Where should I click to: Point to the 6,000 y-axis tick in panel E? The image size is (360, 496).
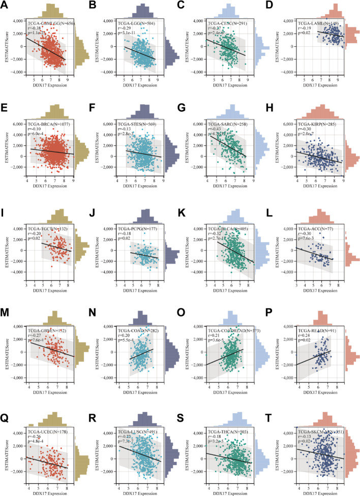[x=20, y=124]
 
